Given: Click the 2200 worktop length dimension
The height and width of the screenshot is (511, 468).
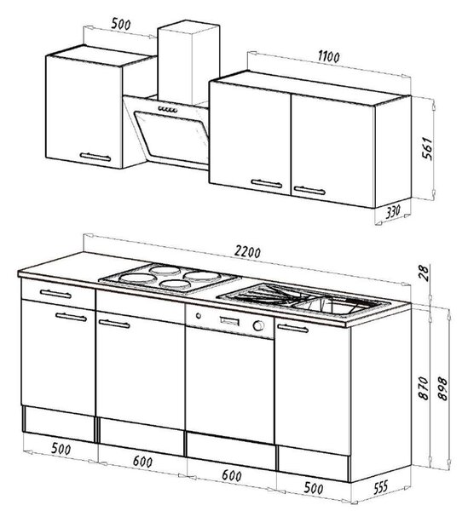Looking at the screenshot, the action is click(247, 252).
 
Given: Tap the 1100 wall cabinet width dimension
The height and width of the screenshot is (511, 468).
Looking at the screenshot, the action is click(329, 57).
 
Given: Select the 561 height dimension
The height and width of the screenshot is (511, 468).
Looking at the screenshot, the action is click(428, 148).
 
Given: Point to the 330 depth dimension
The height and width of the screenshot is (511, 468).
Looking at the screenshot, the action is click(393, 212).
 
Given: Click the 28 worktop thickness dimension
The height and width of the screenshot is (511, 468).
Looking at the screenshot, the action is click(423, 273).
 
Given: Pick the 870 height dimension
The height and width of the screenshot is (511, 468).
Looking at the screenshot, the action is click(424, 388).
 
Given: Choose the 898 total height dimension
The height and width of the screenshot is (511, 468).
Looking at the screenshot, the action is click(442, 388).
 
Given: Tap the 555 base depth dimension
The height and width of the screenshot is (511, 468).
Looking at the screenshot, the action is click(380, 487).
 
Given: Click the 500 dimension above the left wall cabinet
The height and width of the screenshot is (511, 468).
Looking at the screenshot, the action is click(121, 24).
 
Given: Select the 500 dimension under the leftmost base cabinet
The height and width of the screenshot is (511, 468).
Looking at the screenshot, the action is click(61, 450).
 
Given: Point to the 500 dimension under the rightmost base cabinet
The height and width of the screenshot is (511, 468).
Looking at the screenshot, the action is click(314, 488).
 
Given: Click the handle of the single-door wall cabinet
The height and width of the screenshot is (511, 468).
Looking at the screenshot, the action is click(95, 157).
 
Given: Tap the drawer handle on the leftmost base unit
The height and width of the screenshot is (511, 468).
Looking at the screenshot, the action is click(55, 294).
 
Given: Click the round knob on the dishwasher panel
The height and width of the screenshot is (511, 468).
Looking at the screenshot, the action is click(258, 325).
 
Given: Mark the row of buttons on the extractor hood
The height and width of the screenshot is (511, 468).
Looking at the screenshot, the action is click(168, 110).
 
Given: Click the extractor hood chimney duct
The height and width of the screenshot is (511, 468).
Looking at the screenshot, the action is click(188, 62).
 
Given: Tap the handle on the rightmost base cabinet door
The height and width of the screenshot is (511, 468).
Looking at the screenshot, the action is click(293, 328).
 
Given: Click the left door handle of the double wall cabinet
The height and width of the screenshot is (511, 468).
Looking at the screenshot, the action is click(267, 183).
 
